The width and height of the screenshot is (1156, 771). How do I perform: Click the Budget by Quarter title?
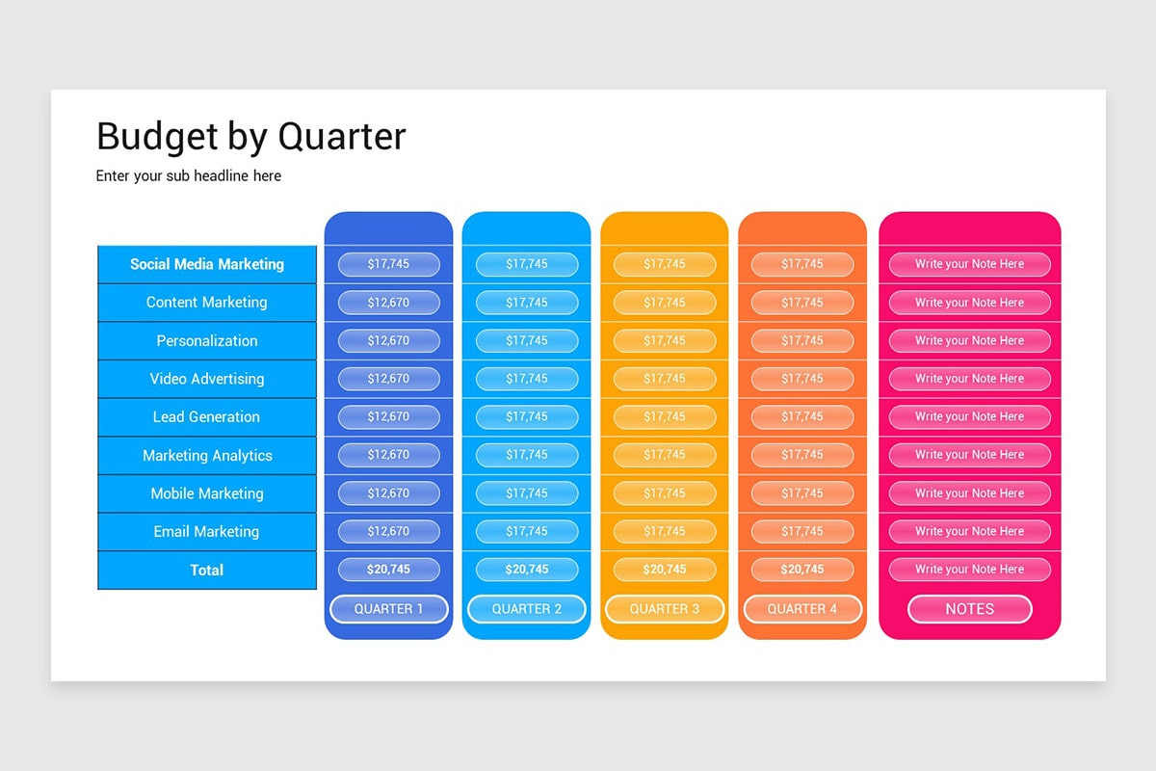251,137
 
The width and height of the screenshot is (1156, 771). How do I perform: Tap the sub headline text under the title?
189,176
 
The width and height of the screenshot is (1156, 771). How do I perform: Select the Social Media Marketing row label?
207,264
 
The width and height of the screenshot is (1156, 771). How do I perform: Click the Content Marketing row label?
207,303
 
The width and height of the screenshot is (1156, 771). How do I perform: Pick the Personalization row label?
207,341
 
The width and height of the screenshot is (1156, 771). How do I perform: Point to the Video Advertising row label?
207,379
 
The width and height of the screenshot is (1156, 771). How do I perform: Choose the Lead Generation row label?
207,417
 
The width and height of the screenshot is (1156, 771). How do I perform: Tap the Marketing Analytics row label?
207,456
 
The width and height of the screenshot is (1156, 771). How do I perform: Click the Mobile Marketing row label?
207,493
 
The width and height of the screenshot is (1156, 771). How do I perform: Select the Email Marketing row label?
207,532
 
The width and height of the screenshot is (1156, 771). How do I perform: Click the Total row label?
207,571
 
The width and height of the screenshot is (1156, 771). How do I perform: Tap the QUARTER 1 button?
389,609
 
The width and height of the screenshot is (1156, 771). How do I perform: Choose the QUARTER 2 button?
527,609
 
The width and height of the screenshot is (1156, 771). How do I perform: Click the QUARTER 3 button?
665,609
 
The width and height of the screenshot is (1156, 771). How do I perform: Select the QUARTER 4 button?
802,609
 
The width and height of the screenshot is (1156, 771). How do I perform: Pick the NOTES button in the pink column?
969,609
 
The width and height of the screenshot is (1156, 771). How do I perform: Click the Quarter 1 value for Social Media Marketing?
389,264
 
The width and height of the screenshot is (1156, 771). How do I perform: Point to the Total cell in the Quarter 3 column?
665,570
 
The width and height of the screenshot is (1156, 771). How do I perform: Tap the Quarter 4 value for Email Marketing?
802,531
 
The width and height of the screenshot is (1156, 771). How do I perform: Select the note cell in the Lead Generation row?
969,417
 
